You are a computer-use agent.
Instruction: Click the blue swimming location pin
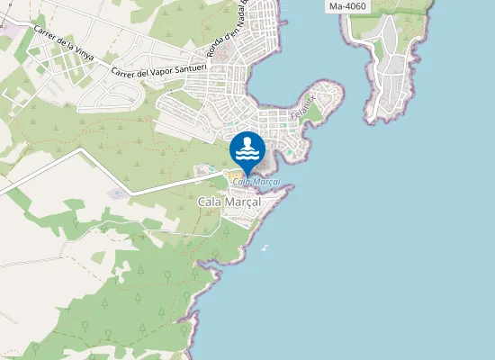pos(247,149)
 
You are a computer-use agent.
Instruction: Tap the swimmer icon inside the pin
pos(247,145)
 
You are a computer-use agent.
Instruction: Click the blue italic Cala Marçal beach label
pos(256,182)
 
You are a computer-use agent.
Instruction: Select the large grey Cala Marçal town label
pos(229,203)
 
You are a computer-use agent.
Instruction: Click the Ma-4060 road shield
pos(347,6)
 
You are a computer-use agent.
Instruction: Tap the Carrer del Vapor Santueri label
pos(160,69)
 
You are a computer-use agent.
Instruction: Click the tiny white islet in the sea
pos(265,247)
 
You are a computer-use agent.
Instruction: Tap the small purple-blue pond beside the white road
pos(117,193)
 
